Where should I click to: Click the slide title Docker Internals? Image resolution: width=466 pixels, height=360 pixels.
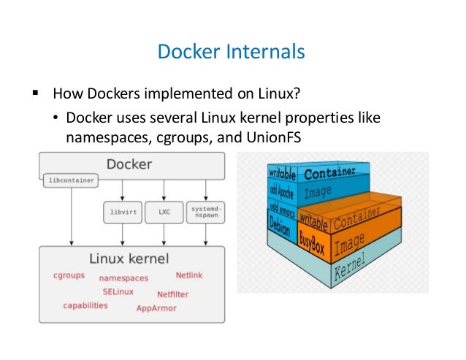click(x=232, y=53)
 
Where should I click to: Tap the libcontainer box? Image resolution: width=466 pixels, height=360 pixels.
click(x=71, y=179)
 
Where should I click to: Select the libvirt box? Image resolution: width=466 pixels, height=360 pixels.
click(x=121, y=212)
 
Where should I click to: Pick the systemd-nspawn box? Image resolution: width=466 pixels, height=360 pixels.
click(x=203, y=212)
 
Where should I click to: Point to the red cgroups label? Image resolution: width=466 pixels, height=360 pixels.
click(x=69, y=276)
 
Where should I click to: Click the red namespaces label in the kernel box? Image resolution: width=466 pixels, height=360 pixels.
click(x=123, y=278)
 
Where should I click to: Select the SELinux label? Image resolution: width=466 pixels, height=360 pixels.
click(x=118, y=291)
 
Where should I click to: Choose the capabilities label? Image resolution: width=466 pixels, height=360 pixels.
click(x=85, y=305)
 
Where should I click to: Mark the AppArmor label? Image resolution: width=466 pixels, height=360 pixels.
click(x=157, y=308)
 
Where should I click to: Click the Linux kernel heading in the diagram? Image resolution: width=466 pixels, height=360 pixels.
click(x=129, y=258)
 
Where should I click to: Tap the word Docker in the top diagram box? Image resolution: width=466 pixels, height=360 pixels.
click(x=130, y=164)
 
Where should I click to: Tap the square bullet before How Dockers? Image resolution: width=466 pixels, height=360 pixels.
click(x=34, y=94)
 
